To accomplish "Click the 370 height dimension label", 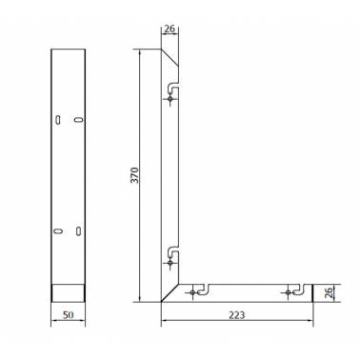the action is tap(135, 175).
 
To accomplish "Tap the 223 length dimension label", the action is tap(237, 315).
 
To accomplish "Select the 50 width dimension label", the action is tap(68, 315).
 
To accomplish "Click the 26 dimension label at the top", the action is tap(170, 29).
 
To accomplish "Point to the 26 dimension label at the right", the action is tap(329, 292).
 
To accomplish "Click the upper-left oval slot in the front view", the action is tap(58, 119).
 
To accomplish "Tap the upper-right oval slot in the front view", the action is tap(79, 119).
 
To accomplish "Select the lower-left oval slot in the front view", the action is tap(57, 231).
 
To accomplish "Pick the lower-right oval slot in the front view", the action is tap(78, 231).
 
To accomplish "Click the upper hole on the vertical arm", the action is tap(170, 99).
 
